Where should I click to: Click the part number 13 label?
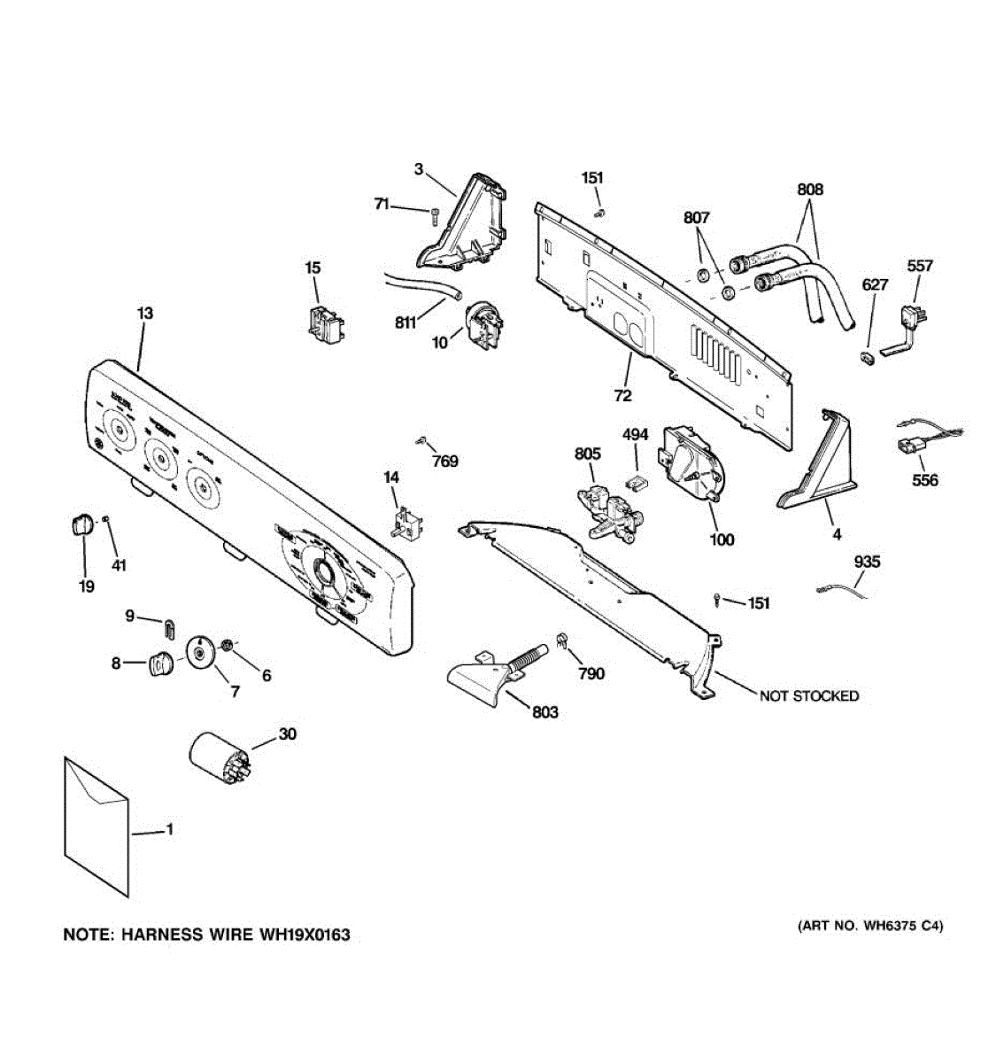tap(145, 313)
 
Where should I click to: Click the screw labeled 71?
tap(434, 213)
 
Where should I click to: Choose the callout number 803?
tap(545, 711)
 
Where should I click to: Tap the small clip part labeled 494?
tap(635, 482)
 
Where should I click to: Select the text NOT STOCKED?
tap(808, 696)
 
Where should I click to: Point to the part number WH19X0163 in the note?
tap(304, 935)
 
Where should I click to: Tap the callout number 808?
tap(809, 189)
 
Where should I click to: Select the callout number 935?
tap(867, 562)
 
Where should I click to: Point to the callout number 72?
tap(622, 395)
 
